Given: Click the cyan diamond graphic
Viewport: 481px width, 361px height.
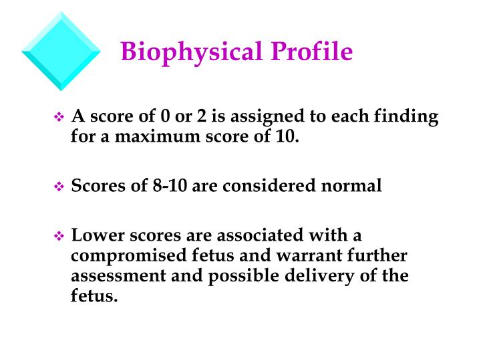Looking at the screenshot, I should [x=61, y=51].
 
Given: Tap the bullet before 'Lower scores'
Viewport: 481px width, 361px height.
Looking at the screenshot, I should [x=57, y=237].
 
